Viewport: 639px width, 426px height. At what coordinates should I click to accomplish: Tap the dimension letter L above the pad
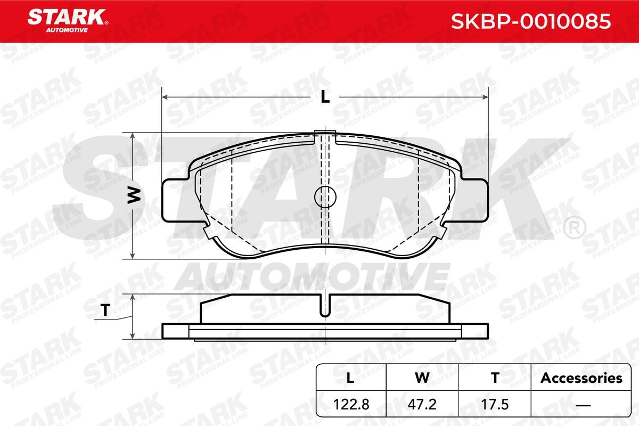coord(325,97)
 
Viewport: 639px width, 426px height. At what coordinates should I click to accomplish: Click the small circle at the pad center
coord(325,196)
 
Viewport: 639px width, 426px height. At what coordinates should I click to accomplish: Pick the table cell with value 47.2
coord(422,404)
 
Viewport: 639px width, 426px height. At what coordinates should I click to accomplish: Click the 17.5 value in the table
coord(495,404)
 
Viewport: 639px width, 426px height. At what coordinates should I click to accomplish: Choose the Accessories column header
coord(581,378)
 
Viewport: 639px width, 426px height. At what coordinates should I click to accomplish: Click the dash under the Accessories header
coord(581,404)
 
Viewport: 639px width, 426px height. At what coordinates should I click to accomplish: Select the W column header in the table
coord(422,378)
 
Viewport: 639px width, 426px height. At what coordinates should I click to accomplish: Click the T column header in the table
coord(495,378)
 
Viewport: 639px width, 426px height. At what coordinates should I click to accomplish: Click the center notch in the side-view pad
coord(325,306)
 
